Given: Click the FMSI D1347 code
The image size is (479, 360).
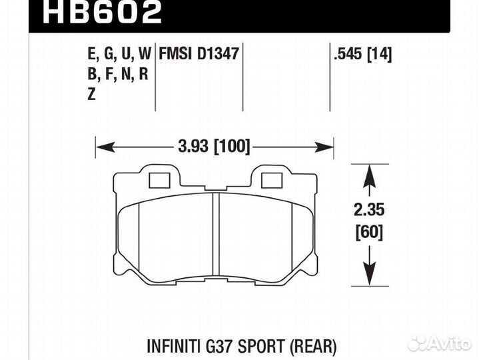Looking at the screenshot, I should click(x=199, y=53).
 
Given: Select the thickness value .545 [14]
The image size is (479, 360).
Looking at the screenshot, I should click(x=362, y=53).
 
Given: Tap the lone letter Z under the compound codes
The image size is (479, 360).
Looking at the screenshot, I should click(x=91, y=95).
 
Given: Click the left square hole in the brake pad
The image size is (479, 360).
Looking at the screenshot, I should click(x=159, y=180).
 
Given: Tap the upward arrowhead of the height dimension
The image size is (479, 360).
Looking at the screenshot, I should click(x=366, y=174).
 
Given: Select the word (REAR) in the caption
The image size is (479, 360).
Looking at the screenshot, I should click(x=313, y=347).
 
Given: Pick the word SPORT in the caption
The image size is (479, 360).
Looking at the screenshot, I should click(x=264, y=347).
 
